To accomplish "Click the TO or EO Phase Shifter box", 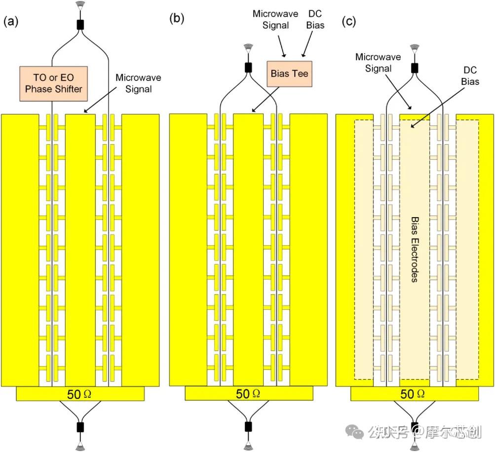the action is click(54, 84).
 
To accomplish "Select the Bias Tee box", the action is click(290, 74).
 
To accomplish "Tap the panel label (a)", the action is click(11, 21).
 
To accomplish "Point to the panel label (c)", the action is click(349, 21).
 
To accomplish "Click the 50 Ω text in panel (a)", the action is click(79, 394).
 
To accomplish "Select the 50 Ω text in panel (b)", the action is click(248, 394).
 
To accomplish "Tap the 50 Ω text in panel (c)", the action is click(412, 394).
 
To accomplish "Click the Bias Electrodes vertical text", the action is click(415, 249).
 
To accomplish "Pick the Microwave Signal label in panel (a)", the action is click(138, 83).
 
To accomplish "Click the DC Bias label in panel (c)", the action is click(470, 76).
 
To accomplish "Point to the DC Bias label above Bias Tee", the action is click(315, 19).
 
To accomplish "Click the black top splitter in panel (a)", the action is click(80, 25).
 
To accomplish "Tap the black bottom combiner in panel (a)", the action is click(80, 427).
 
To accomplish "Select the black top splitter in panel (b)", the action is click(248, 67).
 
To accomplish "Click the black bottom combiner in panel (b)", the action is click(248, 426).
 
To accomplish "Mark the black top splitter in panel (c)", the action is click(415, 68).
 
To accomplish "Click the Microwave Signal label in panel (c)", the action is click(378, 63).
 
